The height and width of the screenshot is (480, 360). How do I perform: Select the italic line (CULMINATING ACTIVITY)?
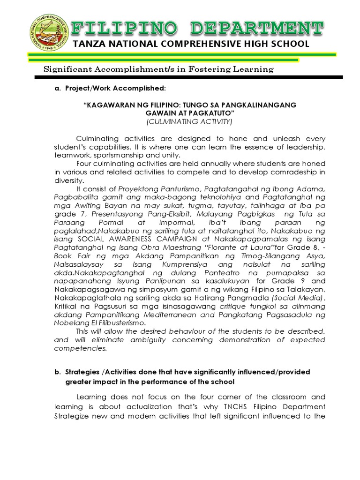click(189, 122)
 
